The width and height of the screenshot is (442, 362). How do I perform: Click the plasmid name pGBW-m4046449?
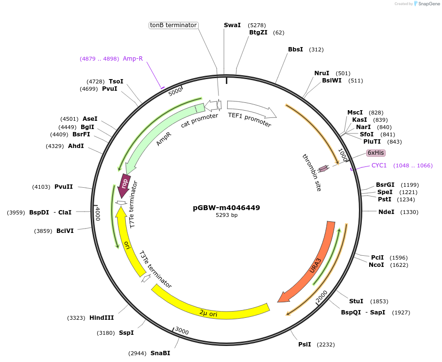click(226, 208)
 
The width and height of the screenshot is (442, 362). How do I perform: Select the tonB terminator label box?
click(173, 25)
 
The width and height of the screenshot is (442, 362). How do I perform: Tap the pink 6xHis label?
click(376, 153)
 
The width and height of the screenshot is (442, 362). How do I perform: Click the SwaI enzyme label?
click(232, 25)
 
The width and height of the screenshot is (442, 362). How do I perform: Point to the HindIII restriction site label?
click(102, 318)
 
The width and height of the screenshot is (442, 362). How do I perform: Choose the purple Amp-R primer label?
click(133, 59)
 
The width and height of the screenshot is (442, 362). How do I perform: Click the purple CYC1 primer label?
click(379, 165)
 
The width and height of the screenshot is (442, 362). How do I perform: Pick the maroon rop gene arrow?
click(124, 183)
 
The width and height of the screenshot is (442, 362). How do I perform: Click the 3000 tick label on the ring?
click(182, 331)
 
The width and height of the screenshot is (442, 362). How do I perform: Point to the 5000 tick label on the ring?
click(175, 91)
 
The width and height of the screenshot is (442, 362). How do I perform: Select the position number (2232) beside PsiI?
click(325, 345)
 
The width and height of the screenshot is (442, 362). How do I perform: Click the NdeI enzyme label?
click(386, 212)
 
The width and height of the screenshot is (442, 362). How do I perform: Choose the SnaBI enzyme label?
click(160, 353)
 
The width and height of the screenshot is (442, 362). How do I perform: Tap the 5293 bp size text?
click(226, 215)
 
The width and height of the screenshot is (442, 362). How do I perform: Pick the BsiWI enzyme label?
click(332, 81)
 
